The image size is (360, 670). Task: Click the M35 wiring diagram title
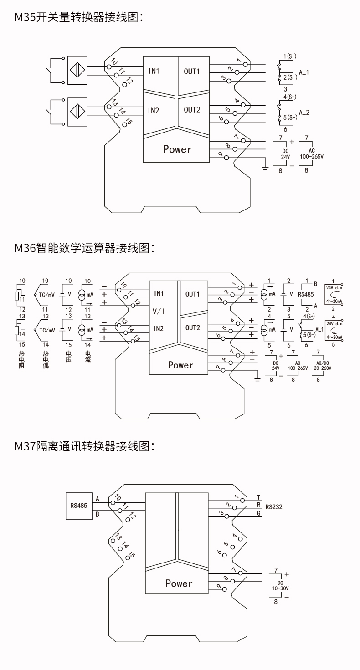click(79, 18)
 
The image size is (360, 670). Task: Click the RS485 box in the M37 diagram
click(78, 506)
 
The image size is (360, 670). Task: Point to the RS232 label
click(274, 506)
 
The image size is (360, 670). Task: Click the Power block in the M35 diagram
click(177, 149)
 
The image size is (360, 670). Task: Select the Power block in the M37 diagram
click(179, 583)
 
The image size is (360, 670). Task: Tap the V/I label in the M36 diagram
click(159, 311)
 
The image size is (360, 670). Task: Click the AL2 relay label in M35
click(304, 113)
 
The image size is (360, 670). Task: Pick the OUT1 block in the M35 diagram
click(192, 72)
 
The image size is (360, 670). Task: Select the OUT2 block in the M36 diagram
click(193, 328)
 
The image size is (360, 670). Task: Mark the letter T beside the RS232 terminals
click(258, 497)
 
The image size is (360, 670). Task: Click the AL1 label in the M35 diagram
click(304, 72)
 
